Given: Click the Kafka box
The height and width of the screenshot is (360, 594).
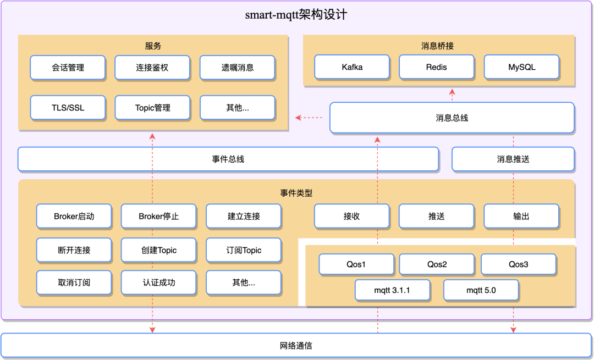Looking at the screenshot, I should pyautogui.click(x=352, y=67).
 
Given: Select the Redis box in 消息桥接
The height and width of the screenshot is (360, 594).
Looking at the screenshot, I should pyautogui.click(x=437, y=67).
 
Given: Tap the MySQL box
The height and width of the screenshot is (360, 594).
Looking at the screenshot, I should pyautogui.click(x=521, y=67).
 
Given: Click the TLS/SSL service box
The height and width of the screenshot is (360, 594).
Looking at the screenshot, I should pyautogui.click(x=68, y=108).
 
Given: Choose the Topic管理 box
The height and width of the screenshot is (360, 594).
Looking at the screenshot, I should pyautogui.click(x=152, y=108).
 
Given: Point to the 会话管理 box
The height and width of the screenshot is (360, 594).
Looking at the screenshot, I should pyautogui.click(x=68, y=68).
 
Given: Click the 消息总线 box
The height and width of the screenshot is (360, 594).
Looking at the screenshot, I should pyautogui.click(x=452, y=118).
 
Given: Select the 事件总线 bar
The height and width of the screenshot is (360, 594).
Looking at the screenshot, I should pyautogui.click(x=228, y=159).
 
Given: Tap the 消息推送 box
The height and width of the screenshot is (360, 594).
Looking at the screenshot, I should pyautogui.click(x=513, y=159).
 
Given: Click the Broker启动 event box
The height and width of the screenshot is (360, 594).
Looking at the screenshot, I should pyautogui.click(x=74, y=217).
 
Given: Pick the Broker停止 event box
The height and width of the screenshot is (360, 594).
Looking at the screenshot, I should pyautogui.click(x=158, y=217).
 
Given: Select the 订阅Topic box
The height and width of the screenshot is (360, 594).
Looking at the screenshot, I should pyautogui.click(x=244, y=250).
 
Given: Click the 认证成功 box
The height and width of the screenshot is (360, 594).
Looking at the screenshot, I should pyautogui.click(x=158, y=283).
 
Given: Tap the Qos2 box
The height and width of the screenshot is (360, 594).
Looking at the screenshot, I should pyautogui.click(x=437, y=264).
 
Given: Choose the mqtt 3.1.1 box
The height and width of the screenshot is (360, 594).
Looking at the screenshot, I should pyautogui.click(x=393, y=290).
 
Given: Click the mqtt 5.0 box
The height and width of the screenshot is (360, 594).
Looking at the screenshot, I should pyautogui.click(x=481, y=290).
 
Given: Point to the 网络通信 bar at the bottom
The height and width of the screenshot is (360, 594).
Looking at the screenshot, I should pyautogui.click(x=296, y=346).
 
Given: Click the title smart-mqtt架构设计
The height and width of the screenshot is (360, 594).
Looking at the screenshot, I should pyautogui.click(x=296, y=15).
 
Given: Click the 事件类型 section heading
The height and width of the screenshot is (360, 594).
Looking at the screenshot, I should pyautogui.click(x=296, y=193).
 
